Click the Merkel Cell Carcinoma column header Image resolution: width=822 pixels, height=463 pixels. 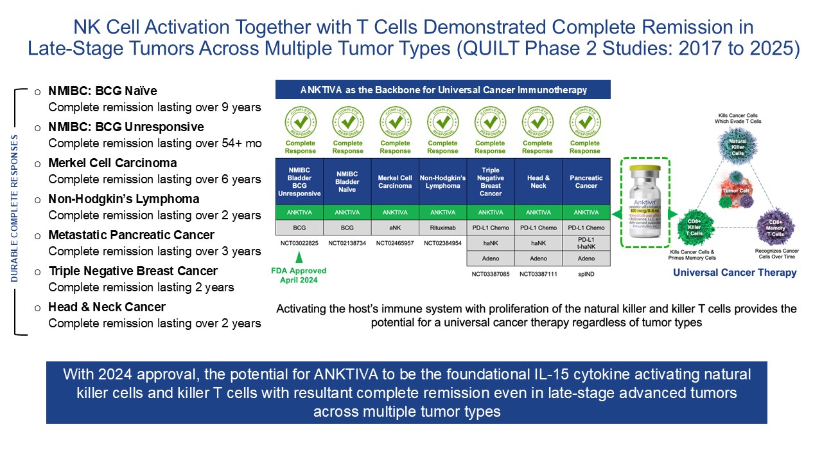395,181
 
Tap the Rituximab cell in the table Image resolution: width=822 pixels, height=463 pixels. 442,228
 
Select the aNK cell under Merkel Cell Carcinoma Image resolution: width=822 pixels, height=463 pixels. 395,228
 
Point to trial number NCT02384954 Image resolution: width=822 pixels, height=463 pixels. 442,244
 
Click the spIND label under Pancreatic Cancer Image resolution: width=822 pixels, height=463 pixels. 586,275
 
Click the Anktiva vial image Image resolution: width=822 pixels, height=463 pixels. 645,208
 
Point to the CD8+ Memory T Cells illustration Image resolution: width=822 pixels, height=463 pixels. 776,227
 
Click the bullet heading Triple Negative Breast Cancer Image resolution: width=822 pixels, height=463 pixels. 133,271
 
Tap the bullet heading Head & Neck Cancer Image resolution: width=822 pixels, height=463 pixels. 107,307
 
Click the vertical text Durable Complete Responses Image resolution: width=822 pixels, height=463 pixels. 15,210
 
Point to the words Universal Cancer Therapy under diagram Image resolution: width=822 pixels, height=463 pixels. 735,273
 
